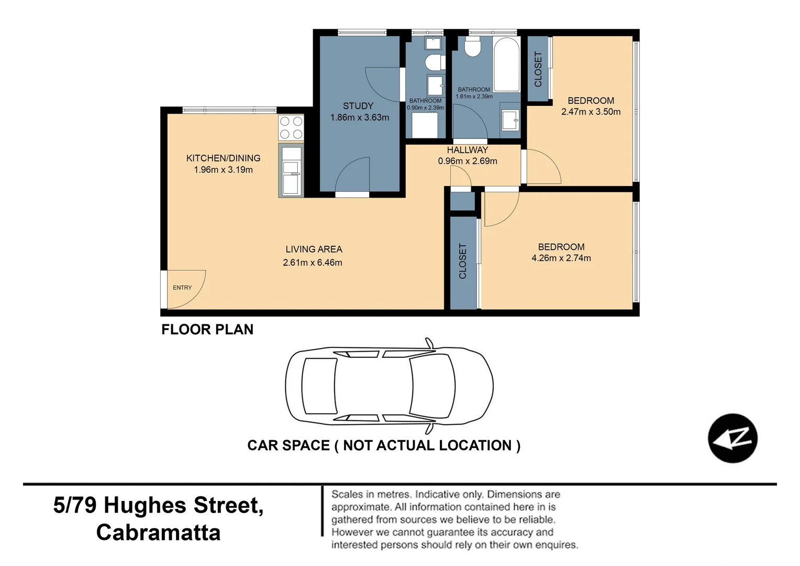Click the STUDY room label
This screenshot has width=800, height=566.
point(358,106)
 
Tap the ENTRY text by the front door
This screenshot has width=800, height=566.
point(182,288)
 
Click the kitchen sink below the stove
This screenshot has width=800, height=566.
point(291,171)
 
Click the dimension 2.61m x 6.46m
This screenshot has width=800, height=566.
point(313,263)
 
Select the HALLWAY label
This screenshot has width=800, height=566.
point(467,150)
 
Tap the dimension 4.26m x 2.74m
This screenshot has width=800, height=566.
point(561,258)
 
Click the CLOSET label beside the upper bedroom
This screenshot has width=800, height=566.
point(538,69)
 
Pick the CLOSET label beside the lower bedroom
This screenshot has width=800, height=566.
point(462,261)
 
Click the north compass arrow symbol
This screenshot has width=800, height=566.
point(732,438)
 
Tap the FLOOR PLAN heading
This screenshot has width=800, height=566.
point(207,329)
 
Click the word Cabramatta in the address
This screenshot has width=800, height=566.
point(158,532)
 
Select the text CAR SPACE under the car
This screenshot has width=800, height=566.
point(288,445)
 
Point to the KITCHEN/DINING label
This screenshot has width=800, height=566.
point(223,158)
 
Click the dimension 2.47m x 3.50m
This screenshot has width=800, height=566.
point(591,112)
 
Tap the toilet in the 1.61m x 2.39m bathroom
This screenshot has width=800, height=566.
point(473,47)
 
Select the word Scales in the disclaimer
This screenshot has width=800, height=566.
point(347,494)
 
